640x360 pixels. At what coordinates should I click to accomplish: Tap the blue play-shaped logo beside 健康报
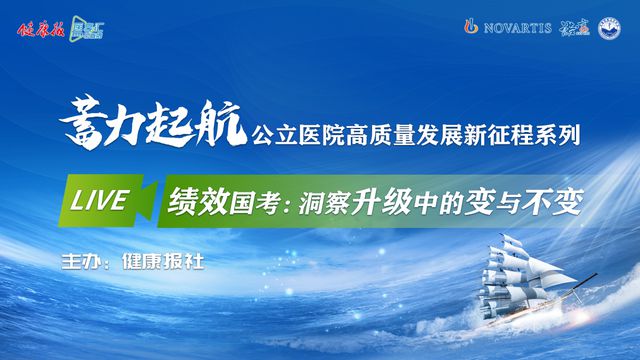point(82,27)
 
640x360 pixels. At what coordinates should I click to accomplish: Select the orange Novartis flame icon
point(472,25)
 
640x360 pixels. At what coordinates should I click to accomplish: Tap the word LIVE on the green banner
point(99,199)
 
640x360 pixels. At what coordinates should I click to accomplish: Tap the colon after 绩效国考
point(285,203)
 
